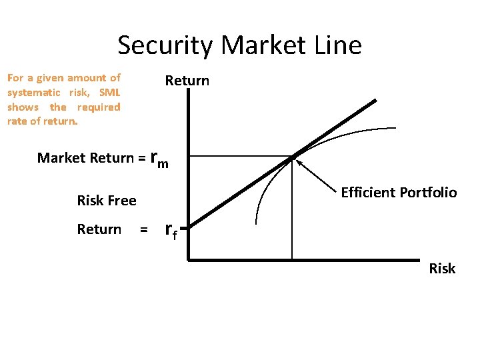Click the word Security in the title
pos(166,45)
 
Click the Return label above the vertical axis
pos(187,81)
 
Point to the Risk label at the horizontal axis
pos(442,269)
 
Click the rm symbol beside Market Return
pos(160,159)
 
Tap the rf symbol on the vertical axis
pos(171,231)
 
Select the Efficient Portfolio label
pos(399,193)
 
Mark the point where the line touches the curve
pos(292,157)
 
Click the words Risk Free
pos(107,201)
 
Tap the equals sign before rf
pos(143,230)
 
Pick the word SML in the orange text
pos(109,92)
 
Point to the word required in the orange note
pos(99,107)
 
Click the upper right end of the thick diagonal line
pos(375,101)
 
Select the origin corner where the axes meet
pos(189,259)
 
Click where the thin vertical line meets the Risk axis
pos(292,259)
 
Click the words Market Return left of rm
pos(85,158)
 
